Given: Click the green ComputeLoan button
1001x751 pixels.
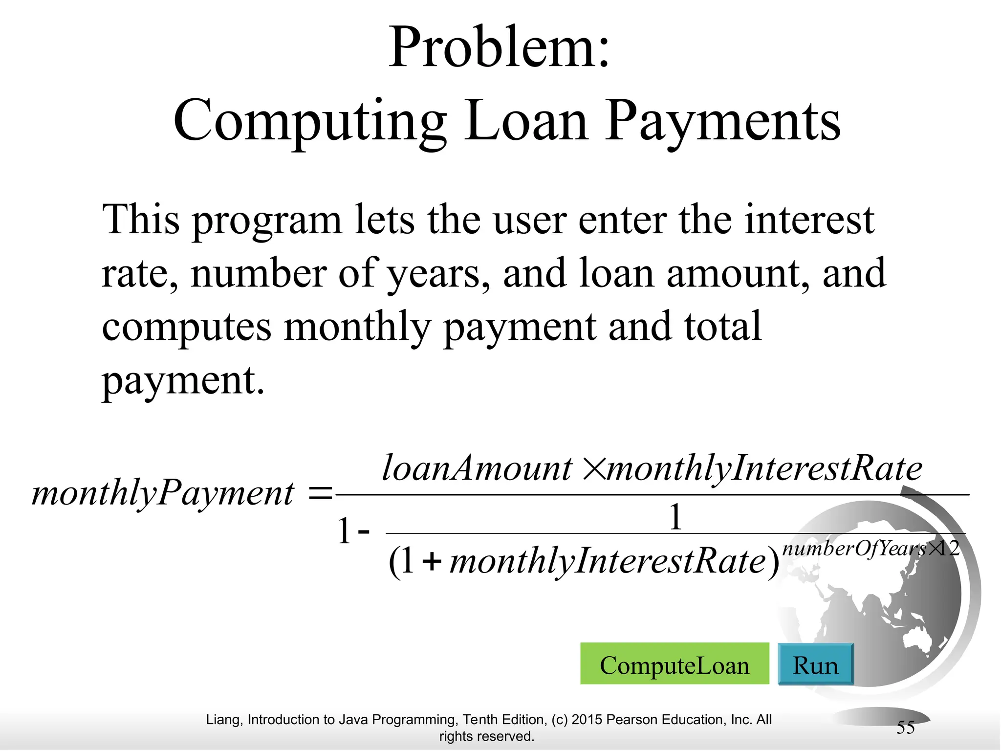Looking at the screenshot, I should click(674, 664).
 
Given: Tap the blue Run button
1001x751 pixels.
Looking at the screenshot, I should click(815, 664).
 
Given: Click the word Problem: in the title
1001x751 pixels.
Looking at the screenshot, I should click(500, 48).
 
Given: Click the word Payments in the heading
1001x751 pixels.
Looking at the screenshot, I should click(722, 121).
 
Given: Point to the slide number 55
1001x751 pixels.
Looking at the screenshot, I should click(905, 728).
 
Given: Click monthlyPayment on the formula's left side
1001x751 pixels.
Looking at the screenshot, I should click(163, 493).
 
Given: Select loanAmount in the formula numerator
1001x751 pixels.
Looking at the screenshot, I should click(477, 468).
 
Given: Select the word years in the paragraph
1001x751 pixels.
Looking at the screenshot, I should click(437, 274).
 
